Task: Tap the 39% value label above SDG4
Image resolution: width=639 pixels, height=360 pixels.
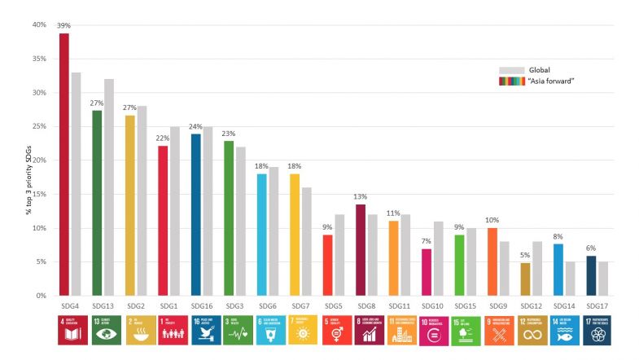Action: (63, 26)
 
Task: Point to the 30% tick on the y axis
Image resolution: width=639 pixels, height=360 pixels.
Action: (39, 93)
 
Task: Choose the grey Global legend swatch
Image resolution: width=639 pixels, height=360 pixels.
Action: (510, 70)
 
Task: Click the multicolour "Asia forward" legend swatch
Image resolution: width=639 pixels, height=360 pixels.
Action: (510, 81)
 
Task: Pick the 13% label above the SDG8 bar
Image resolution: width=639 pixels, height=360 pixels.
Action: (361, 196)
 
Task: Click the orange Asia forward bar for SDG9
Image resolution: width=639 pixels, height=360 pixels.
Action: (492, 261)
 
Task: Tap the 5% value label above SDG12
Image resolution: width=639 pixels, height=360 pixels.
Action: (525, 255)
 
